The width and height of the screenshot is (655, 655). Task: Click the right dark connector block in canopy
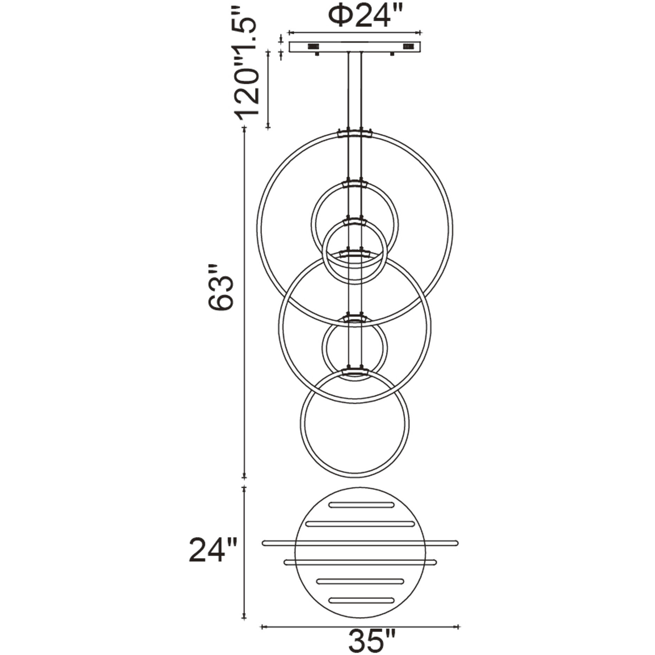point(408,46)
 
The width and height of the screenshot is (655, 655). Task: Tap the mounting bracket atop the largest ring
point(355,133)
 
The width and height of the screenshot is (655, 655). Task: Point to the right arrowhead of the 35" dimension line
point(459,627)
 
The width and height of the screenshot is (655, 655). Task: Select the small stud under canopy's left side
point(317,54)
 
